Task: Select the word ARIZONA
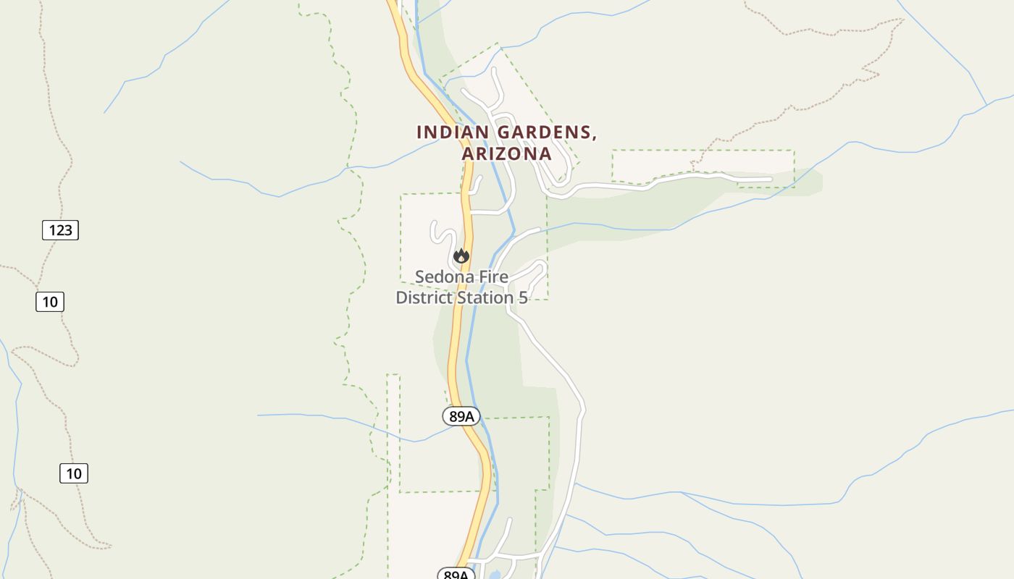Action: [507, 154]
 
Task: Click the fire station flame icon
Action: [461, 256]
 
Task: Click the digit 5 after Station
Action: [523, 297]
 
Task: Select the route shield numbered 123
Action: [60, 230]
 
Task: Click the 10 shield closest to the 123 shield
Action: [50, 301]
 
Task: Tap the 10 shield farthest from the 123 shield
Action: [74, 473]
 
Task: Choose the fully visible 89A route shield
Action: [461, 416]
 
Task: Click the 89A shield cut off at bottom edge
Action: [456, 574]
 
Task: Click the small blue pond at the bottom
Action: [496, 575]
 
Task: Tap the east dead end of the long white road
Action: [770, 179]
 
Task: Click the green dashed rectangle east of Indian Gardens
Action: [703, 151]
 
